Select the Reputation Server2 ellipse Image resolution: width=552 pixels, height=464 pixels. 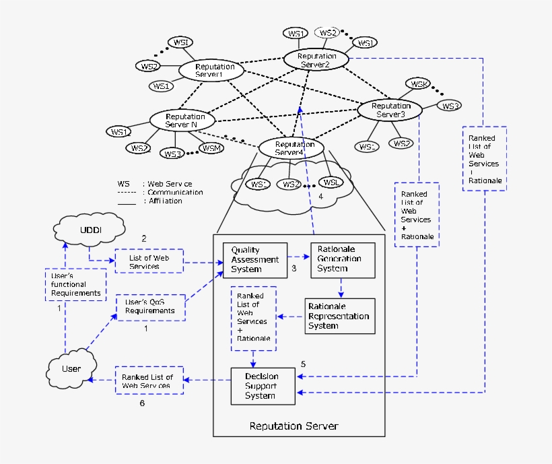pyautogui.click(x=315, y=60)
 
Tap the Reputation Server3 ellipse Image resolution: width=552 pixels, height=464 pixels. pyautogui.click(x=390, y=110)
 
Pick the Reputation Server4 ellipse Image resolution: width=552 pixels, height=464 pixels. pyautogui.click(x=291, y=147)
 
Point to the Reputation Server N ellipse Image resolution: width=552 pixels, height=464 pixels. pyautogui.click(x=181, y=121)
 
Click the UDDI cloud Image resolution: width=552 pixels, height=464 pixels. pyautogui.click(x=90, y=230)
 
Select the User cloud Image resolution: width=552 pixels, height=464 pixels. pyautogui.click(x=71, y=368)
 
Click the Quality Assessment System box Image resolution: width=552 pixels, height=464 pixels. pyautogui.click(x=254, y=260)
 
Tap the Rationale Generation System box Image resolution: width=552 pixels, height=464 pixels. pyautogui.click(x=343, y=259)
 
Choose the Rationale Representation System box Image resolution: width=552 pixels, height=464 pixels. pyautogui.click(x=339, y=316)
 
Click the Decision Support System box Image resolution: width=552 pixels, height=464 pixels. pyautogui.click(x=263, y=386)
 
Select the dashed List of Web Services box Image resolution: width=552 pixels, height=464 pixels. pyautogui.click(x=148, y=262)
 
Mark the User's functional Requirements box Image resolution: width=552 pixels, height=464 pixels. pyautogui.click(x=75, y=284)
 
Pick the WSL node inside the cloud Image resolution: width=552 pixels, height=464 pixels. pyautogui.click(x=330, y=183)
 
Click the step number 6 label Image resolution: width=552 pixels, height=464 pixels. pyautogui.click(x=142, y=403)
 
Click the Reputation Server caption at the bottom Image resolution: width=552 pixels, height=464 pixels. pyautogui.click(x=294, y=426)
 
